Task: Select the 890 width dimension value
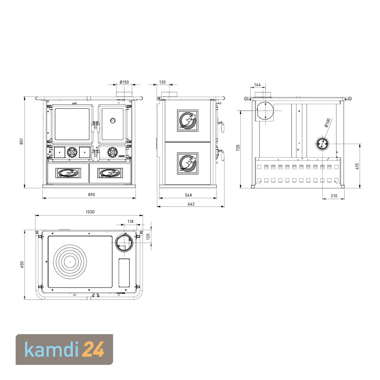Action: tap(91, 195)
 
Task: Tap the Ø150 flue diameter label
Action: tap(124, 82)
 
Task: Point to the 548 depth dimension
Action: tap(188, 195)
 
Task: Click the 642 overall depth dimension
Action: tap(191, 204)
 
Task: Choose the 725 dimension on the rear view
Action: tap(238, 148)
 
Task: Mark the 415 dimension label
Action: tap(357, 166)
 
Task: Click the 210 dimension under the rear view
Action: tap(334, 196)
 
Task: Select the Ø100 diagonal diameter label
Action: tap(328, 123)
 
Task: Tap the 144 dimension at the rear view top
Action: tap(257, 85)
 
